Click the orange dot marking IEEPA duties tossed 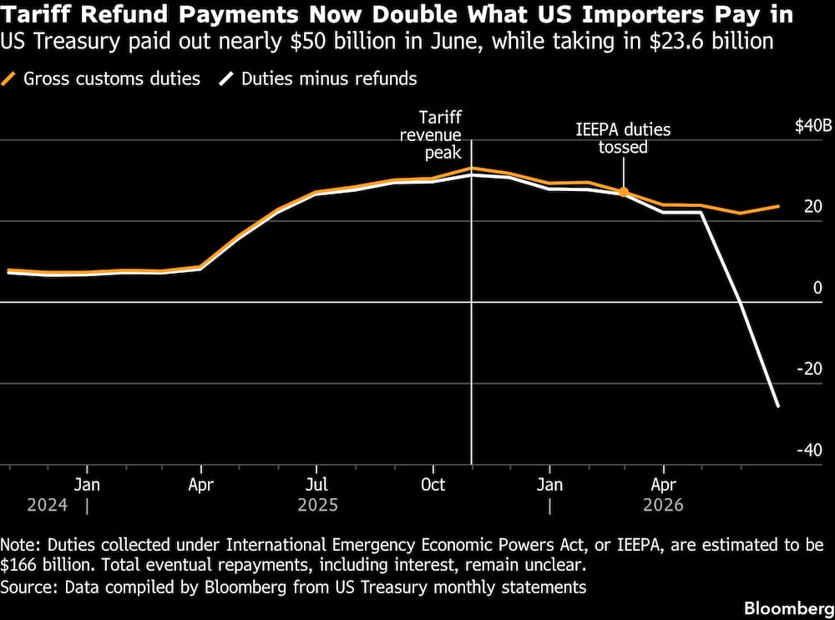624,192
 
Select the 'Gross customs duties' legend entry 101,78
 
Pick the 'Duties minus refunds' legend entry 318,78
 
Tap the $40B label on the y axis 813,126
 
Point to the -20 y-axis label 809,368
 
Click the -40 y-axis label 809,451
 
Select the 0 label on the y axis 817,288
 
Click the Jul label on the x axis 316,485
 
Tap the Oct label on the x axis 433,485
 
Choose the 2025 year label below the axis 318,505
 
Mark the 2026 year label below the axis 663,505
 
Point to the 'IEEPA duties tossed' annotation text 623,139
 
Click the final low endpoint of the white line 778,406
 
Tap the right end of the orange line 779,206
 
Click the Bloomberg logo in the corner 789,608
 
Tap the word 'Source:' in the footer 29,587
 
